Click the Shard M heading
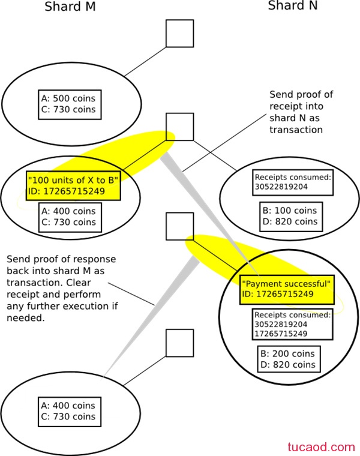click(70, 7)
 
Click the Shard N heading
click(293, 6)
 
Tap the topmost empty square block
click(180, 34)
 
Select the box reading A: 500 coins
click(70, 104)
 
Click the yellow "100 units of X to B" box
click(73, 185)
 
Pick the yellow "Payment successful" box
click(287, 290)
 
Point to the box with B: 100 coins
click(291, 217)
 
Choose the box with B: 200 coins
click(289, 359)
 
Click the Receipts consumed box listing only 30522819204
click(293, 182)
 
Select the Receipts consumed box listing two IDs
click(293, 324)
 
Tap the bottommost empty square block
click(180, 343)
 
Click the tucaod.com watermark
click(322, 447)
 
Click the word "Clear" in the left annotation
click(79, 283)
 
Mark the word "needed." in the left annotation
click(26, 318)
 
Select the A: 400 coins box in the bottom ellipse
click(70, 412)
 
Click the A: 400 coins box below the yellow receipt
click(70, 217)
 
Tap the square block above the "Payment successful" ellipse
click(180, 227)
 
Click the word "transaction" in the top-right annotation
click(296, 130)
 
